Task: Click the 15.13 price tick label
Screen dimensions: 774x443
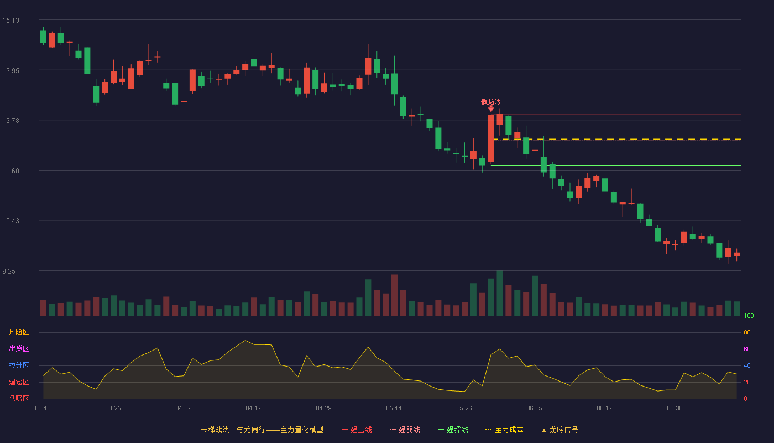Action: point(11,20)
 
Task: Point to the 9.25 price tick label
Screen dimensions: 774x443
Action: point(9,271)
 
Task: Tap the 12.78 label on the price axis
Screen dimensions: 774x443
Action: point(11,121)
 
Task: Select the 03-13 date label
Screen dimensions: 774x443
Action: point(43,409)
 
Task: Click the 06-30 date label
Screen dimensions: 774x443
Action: point(674,409)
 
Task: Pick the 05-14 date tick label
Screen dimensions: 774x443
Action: point(394,409)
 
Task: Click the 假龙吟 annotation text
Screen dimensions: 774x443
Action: point(491,102)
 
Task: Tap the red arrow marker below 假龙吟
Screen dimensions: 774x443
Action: point(491,109)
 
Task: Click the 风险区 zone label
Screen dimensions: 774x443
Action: point(19,332)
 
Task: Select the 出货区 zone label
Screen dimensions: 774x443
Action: point(19,348)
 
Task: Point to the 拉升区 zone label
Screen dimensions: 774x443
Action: point(19,365)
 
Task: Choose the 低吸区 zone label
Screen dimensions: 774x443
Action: point(19,398)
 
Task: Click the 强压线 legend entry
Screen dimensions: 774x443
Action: point(357,430)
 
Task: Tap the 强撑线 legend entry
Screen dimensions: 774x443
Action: point(453,430)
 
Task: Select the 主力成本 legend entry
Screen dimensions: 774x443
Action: point(504,430)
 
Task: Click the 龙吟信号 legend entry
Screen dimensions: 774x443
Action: point(559,430)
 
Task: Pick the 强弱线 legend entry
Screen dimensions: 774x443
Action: point(405,430)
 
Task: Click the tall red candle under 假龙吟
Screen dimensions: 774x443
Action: point(491,138)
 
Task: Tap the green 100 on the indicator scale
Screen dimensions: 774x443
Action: point(749,316)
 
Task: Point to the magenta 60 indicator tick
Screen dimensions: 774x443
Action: point(747,349)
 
